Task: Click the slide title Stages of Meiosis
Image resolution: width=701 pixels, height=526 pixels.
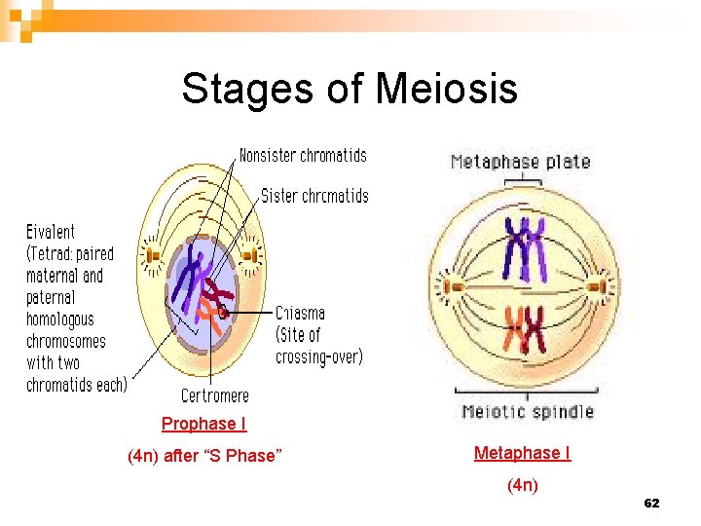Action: coord(349,90)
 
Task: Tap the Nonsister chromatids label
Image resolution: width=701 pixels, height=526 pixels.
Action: coord(303,155)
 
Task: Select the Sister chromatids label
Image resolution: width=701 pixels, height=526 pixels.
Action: coord(314,196)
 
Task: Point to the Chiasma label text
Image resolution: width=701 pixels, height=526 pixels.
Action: coord(300,314)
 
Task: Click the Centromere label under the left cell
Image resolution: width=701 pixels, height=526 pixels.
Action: coord(215,395)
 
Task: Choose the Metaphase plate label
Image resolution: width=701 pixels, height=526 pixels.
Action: coord(520,162)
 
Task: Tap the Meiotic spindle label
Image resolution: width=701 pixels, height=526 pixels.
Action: coord(527,411)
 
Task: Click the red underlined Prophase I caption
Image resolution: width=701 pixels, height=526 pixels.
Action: coord(203,424)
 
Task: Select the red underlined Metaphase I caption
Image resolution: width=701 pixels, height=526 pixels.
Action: coord(522,453)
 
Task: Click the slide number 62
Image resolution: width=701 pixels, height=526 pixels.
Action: coord(651,503)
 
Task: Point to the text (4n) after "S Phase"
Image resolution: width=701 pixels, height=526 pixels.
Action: coord(204,455)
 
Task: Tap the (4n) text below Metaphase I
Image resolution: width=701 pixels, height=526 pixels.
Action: coord(523,485)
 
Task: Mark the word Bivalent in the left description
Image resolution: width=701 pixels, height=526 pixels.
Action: coord(51,232)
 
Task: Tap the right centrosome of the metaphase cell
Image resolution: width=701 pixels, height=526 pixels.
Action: coord(597,286)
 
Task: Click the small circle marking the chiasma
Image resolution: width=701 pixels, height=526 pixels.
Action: coord(223,313)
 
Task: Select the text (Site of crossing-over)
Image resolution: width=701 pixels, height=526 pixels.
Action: coord(319,346)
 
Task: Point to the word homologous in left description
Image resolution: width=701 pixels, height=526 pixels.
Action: coord(60,319)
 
